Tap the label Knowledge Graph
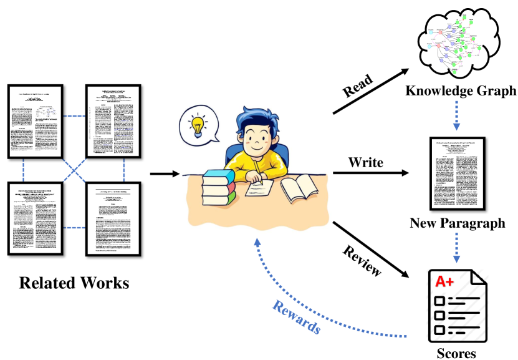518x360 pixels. [x=461, y=91]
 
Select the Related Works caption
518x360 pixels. [x=74, y=283]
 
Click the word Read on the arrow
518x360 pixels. [x=358, y=87]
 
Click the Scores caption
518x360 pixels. [x=458, y=353]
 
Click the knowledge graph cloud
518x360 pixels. [x=459, y=42]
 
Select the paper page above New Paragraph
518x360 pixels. [x=458, y=173]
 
